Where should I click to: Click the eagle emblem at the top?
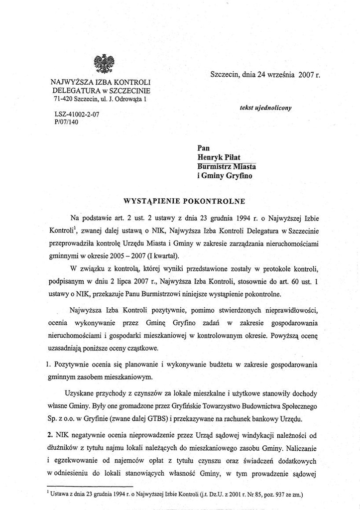104,64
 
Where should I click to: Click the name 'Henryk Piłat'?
219,157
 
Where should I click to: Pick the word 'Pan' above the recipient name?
204,147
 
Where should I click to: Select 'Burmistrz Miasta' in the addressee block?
227,166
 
